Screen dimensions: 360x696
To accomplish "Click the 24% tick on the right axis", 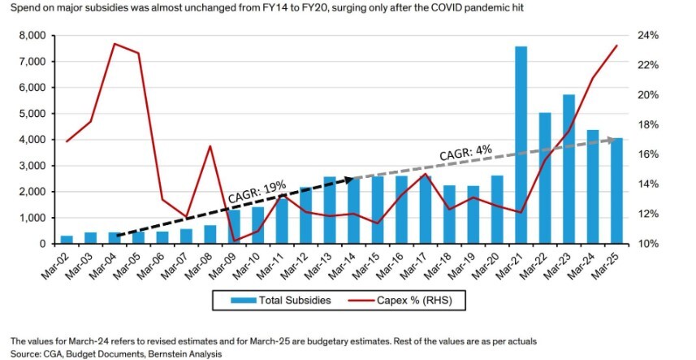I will point(647,36).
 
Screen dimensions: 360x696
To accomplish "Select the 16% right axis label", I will point(647,154).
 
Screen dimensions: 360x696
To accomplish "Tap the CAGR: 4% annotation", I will point(466,152).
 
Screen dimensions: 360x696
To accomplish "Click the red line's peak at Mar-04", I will point(115,44).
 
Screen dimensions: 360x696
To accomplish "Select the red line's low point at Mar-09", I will point(234,241).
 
